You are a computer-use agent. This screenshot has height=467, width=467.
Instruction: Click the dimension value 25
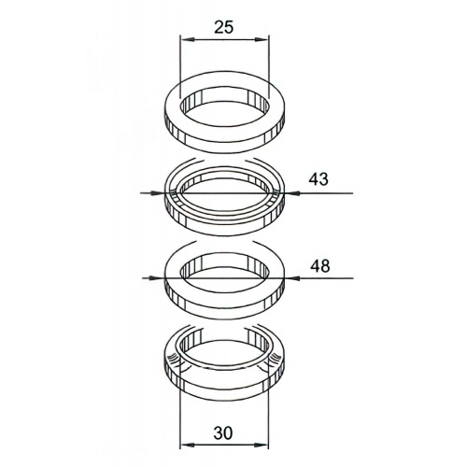point(223,27)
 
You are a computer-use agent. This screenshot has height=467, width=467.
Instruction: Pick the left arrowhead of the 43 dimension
point(160,193)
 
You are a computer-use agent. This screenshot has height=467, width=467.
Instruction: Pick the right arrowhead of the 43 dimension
point(290,193)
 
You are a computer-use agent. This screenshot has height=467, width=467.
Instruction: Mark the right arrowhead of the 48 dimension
point(290,276)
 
